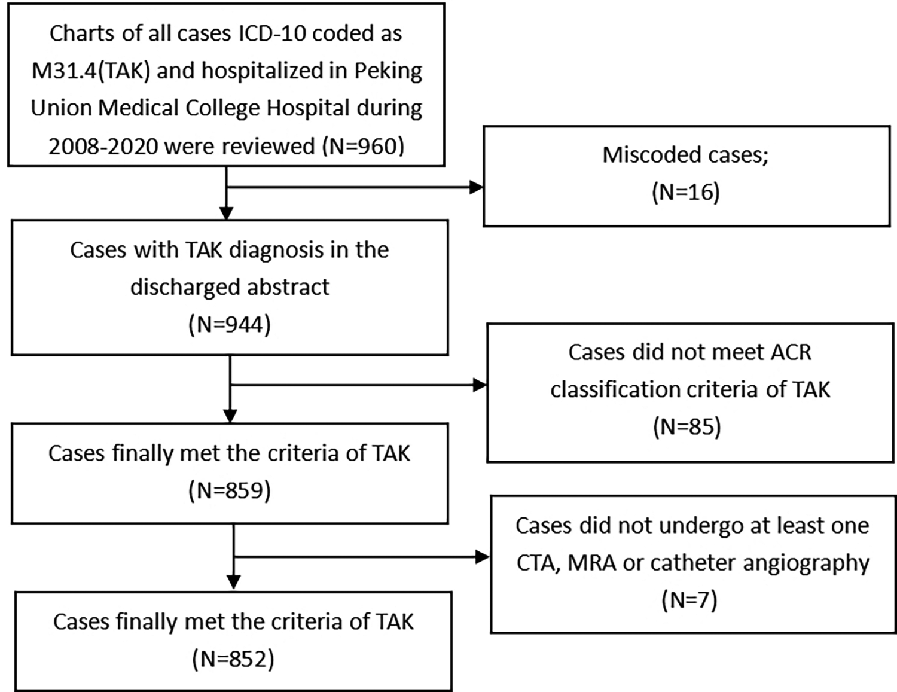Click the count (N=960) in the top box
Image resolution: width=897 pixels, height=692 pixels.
(x=363, y=146)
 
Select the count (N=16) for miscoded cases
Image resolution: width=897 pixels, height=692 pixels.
(x=685, y=192)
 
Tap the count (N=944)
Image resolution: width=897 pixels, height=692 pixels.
(x=230, y=324)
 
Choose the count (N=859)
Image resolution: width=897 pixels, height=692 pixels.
(x=230, y=490)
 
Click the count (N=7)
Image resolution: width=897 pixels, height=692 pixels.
(x=689, y=599)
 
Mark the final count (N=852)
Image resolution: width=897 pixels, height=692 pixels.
(x=233, y=659)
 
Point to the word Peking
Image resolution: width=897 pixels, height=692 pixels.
(x=388, y=71)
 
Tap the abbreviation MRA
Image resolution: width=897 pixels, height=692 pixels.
(x=591, y=563)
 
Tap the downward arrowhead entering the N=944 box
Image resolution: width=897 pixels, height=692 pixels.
(x=226, y=213)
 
